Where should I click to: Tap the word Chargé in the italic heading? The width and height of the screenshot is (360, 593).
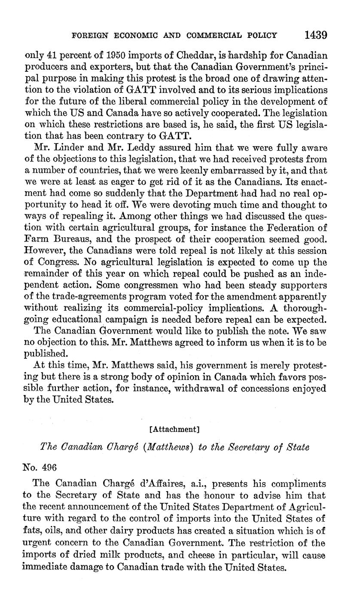tap(114, 447)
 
